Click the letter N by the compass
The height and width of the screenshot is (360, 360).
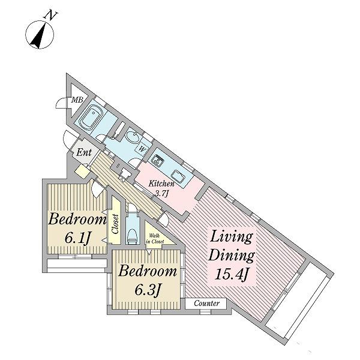point(51,16)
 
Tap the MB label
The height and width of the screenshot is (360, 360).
point(77,100)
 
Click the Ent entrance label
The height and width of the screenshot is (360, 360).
point(84,152)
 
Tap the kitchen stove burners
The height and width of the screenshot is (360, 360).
point(157,159)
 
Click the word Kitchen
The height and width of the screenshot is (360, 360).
point(161,184)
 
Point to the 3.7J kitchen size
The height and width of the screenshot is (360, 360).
point(161,194)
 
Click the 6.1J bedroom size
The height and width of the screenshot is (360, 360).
point(77,238)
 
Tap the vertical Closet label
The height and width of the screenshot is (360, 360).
point(115,224)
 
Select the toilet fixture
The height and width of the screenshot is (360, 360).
point(133,235)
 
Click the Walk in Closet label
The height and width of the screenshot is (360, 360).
point(155,239)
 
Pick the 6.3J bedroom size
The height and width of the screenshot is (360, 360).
point(147,290)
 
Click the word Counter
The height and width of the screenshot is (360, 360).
point(206,303)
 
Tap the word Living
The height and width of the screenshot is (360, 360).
point(232,237)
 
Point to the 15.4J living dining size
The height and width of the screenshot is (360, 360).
point(232,274)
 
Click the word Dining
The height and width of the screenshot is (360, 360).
point(232,256)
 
